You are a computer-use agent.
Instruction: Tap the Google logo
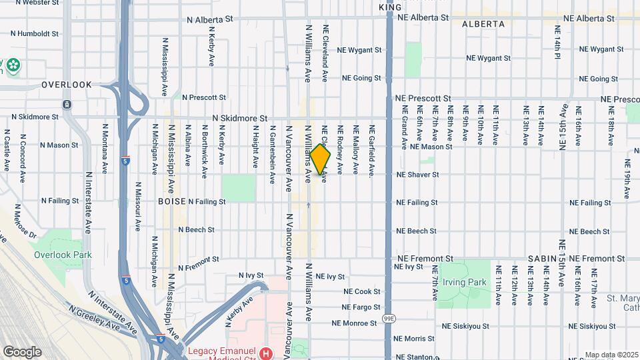point(22,351)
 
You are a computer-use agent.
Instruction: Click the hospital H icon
point(266,352)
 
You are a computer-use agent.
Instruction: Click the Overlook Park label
point(63,254)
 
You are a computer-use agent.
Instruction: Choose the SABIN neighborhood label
point(543,259)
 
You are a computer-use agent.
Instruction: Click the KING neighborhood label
point(390,7)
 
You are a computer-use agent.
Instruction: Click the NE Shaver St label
point(417,175)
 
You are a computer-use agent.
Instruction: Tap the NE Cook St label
point(362,291)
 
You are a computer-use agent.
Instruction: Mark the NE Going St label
point(361,78)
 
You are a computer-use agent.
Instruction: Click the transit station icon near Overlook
point(67,105)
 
